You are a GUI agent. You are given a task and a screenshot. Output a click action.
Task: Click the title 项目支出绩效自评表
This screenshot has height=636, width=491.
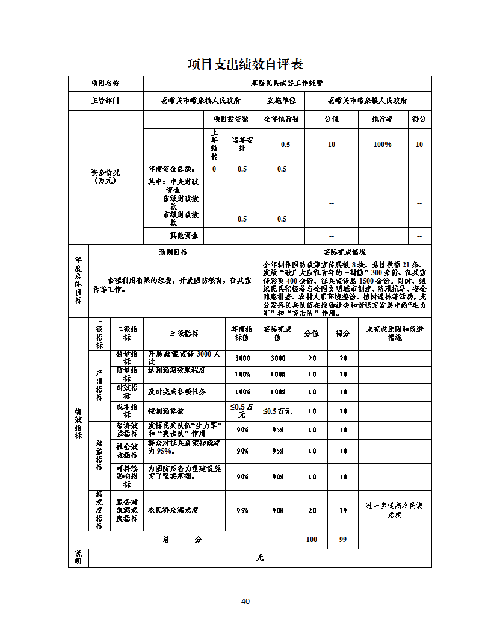pyautogui.click(x=245, y=64)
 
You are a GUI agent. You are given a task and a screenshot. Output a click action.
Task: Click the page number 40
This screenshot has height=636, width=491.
pyautogui.click(x=245, y=601)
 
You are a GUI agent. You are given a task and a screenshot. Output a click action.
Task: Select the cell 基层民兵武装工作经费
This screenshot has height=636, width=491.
pyautogui.click(x=287, y=84)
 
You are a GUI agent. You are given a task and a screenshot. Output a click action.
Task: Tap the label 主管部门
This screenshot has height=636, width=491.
pyautogui.click(x=105, y=101)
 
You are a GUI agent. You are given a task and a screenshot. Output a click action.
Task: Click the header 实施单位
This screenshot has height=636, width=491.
pyautogui.click(x=282, y=101)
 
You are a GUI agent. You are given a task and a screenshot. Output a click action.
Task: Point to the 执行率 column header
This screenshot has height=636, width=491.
pyautogui.click(x=382, y=119)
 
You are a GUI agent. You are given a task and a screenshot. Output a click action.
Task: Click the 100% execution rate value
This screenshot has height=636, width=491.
pyautogui.click(x=382, y=145)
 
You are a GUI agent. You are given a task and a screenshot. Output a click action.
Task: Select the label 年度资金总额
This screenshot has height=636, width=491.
pyautogui.click(x=171, y=169)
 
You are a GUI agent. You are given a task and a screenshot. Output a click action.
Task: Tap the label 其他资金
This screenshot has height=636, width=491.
pyautogui.click(x=184, y=235)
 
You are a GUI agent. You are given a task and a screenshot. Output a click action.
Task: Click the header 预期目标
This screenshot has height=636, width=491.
pyautogui.click(x=173, y=252)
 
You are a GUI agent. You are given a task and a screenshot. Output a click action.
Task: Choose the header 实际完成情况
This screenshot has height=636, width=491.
pyautogui.click(x=345, y=252)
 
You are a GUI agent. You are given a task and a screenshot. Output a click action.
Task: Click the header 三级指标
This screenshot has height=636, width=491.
pyautogui.click(x=184, y=333)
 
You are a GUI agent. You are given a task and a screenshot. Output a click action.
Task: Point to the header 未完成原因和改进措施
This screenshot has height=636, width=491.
pyautogui.click(x=395, y=333)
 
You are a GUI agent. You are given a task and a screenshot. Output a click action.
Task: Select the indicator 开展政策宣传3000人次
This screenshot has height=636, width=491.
pyautogui.click(x=185, y=358)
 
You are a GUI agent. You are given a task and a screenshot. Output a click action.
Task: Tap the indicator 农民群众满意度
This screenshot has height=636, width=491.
pyautogui.click(x=173, y=510)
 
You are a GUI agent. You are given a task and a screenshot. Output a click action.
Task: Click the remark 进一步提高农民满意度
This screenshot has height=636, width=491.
pyautogui.click(x=395, y=510)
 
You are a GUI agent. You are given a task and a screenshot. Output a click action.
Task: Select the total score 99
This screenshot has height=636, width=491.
pyautogui.click(x=343, y=540)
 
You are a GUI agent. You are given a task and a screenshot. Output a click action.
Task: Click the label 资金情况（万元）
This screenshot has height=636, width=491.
pyautogui.click(x=105, y=176)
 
